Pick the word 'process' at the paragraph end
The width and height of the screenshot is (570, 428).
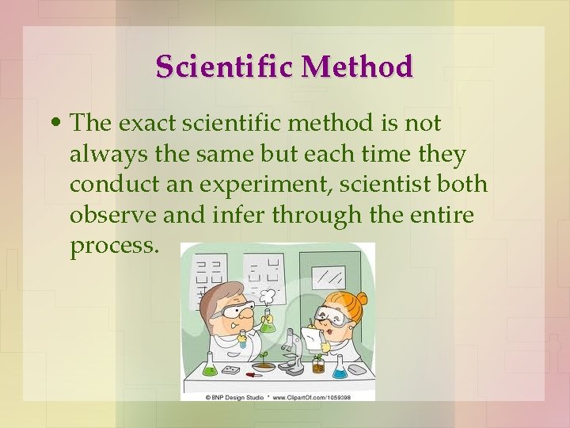tap(113, 246)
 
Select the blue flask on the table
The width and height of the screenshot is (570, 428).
tap(340, 366)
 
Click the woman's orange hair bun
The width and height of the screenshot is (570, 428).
tap(361, 302)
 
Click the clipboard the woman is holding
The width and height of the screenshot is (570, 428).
tap(313, 340)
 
